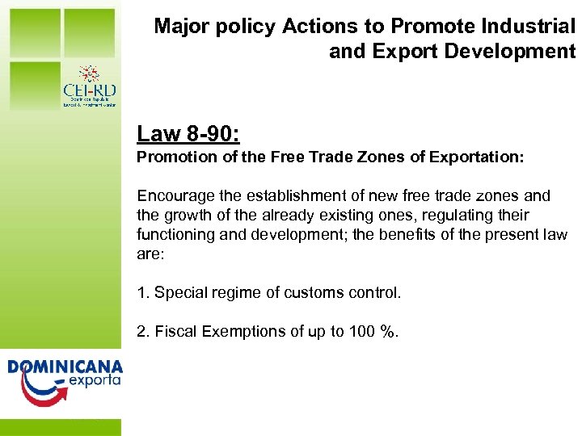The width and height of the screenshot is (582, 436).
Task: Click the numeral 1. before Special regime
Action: pos(143,293)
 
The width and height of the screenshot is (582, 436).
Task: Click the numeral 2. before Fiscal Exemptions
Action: pos(143,332)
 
